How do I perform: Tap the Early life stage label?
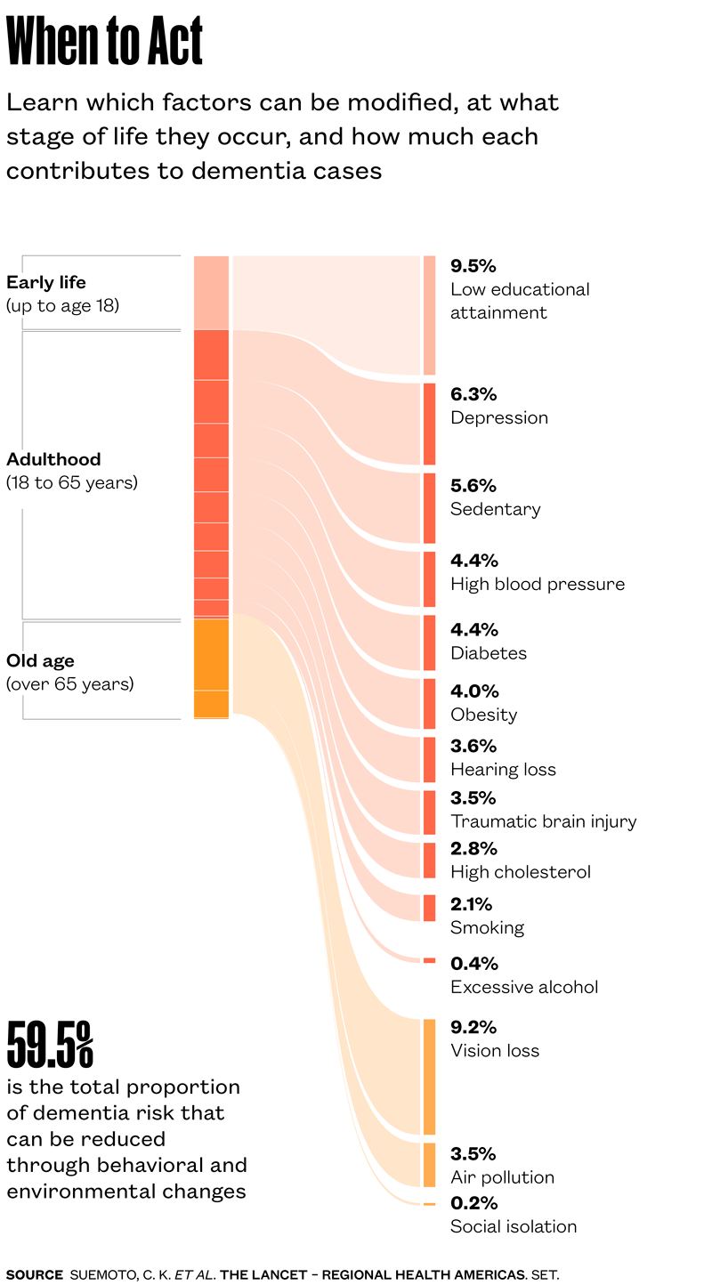(46, 283)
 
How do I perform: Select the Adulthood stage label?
(53, 460)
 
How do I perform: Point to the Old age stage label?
(40, 661)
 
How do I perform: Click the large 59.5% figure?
(50, 1045)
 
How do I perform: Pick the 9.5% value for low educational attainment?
(473, 266)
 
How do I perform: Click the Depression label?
(498, 418)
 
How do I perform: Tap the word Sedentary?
(495, 509)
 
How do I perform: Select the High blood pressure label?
(538, 584)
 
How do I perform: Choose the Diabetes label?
(489, 653)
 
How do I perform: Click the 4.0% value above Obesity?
(474, 691)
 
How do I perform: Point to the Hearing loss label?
(503, 770)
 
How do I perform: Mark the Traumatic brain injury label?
(543, 821)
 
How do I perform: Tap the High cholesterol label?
(521, 872)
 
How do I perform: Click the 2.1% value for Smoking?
(471, 905)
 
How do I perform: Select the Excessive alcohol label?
(524, 987)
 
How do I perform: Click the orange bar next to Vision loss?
(429, 1077)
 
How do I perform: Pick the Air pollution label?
(502, 1177)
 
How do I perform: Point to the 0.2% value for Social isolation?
(473, 1203)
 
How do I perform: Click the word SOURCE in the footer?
(34, 1274)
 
